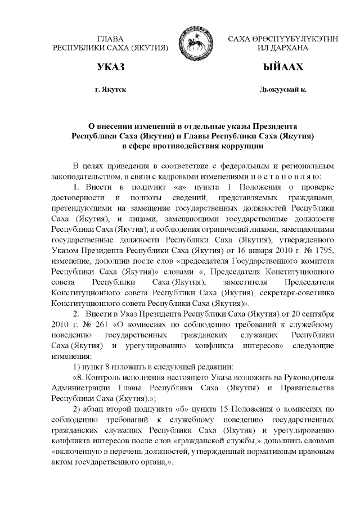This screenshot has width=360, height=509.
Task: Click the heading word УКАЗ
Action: (x=110, y=67)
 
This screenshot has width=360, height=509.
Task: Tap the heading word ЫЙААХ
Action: (x=283, y=67)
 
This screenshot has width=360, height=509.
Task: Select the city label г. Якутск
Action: (x=111, y=89)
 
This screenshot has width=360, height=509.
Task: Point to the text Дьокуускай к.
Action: (x=283, y=89)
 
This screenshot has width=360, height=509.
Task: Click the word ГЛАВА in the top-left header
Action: (x=111, y=38)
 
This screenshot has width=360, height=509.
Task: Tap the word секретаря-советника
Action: (x=299, y=293)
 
